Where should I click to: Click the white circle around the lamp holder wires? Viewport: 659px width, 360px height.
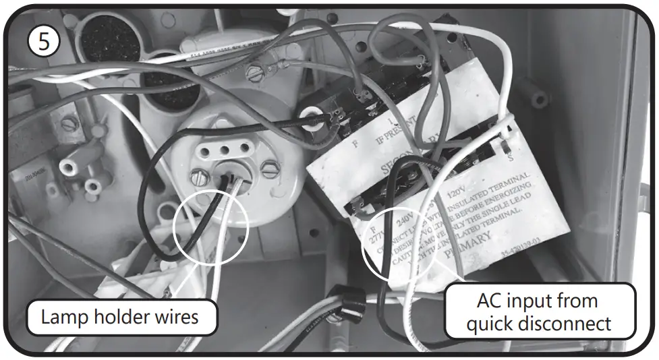(x=211, y=227)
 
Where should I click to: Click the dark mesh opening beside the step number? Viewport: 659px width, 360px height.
(x=109, y=39)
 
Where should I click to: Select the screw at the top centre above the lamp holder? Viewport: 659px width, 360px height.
(x=255, y=70)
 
